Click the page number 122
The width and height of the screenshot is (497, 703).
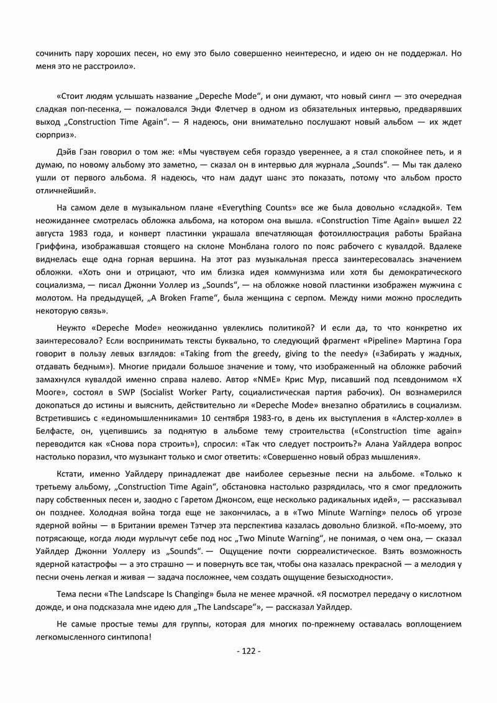click(x=248, y=651)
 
